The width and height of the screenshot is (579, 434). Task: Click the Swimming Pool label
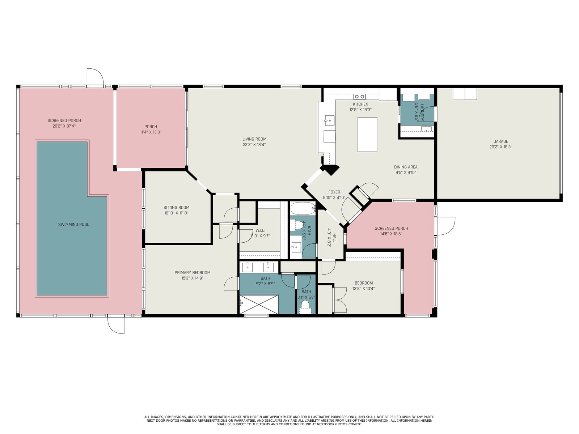(73, 225)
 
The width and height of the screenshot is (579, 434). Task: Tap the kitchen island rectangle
(367, 135)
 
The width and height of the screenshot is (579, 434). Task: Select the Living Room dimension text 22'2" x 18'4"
(254, 145)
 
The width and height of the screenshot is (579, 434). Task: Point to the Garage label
(501, 141)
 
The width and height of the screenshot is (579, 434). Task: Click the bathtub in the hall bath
(303, 209)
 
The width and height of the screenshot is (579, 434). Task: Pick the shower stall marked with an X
(259, 305)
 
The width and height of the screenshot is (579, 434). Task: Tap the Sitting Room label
(176, 207)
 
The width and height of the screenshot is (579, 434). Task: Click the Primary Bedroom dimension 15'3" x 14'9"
(192, 278)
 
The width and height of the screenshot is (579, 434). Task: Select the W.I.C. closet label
(260, 231)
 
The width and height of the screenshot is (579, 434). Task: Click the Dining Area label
(406, 167)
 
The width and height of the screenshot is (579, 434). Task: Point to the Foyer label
(334, 192)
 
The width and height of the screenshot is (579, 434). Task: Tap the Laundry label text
(422, 112)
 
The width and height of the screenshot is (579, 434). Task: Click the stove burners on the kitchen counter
(360, 97)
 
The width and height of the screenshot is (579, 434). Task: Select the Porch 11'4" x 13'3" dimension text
(151, 132)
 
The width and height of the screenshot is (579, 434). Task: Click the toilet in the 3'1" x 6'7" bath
(305, 306)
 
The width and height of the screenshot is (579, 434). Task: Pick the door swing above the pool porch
(95, 77)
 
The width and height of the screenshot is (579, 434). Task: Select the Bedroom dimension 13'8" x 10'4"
(363, 289)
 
